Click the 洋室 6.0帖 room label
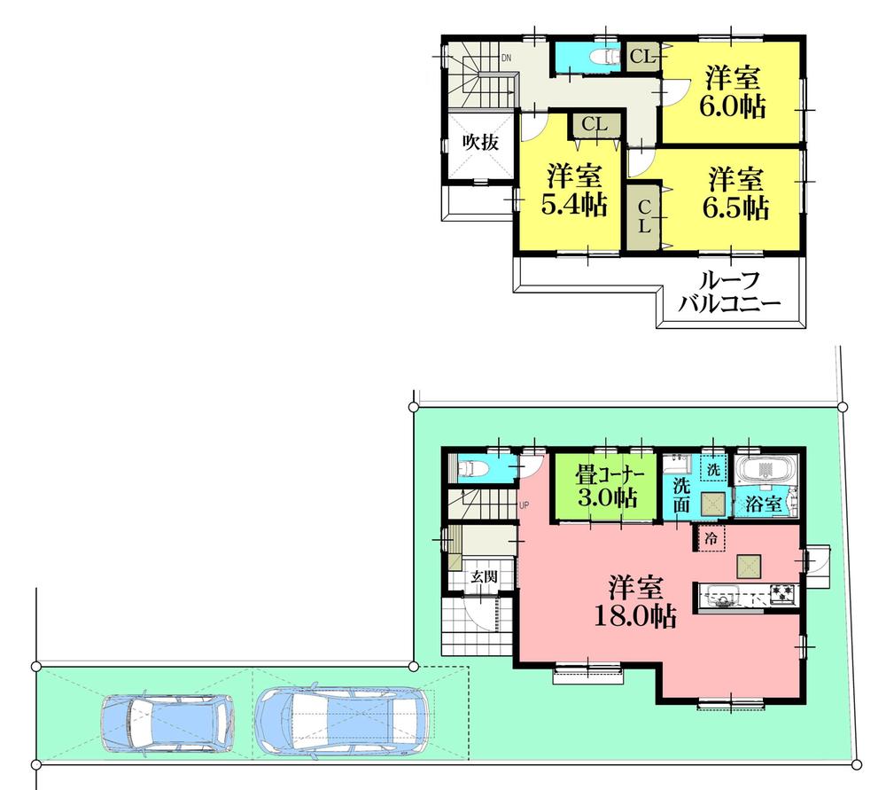(732, 92)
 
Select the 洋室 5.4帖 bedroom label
(573, 190)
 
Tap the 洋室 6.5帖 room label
(736, 193)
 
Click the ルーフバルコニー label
(729, 292)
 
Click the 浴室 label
(763, 504)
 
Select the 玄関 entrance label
(483, 576)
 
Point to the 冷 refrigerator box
(711, 537)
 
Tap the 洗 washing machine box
(712, 467)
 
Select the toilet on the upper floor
(602, 58)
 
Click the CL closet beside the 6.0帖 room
(641, 58)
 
